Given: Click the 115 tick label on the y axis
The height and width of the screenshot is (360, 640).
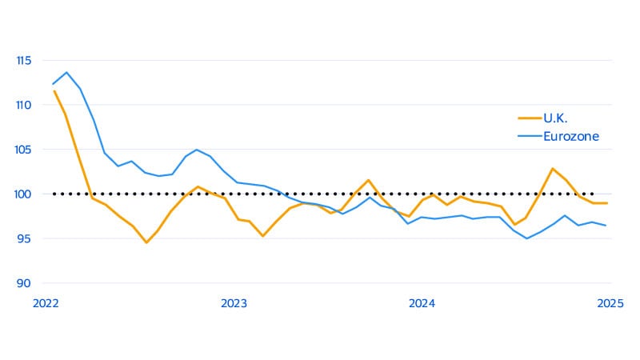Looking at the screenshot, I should [22, 60].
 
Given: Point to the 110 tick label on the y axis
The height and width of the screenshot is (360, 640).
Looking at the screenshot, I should [22, 105].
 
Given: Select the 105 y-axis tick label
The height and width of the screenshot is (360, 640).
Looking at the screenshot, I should [22, 150].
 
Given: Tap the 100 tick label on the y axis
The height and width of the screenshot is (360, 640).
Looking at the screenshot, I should [22, 194].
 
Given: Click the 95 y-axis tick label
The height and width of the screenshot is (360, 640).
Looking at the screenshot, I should [24, 238].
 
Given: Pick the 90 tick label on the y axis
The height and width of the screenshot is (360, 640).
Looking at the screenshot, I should [24, 283].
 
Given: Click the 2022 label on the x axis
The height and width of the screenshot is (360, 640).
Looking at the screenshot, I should [46, 304].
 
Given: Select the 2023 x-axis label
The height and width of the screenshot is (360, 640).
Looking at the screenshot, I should [234, 304].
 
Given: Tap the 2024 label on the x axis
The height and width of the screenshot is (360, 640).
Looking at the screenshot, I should [422, 304].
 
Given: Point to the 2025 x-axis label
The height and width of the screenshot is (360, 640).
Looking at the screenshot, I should [610, 304].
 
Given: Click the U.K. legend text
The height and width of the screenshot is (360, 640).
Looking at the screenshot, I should [556, 118].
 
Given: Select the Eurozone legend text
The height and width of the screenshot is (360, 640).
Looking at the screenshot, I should [571, 136].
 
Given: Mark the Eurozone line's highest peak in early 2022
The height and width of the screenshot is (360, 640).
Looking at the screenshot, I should [66, 72].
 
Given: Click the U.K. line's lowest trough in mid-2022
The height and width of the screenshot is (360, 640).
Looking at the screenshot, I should [146, 242].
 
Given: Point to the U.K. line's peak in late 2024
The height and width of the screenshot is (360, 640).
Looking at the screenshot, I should [552, 168].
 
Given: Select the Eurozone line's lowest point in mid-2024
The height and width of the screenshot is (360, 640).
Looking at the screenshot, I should [526, 238].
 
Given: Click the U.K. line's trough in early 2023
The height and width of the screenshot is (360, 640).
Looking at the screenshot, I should [262, 236].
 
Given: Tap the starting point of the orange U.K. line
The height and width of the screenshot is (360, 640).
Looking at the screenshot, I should [54, 90].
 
